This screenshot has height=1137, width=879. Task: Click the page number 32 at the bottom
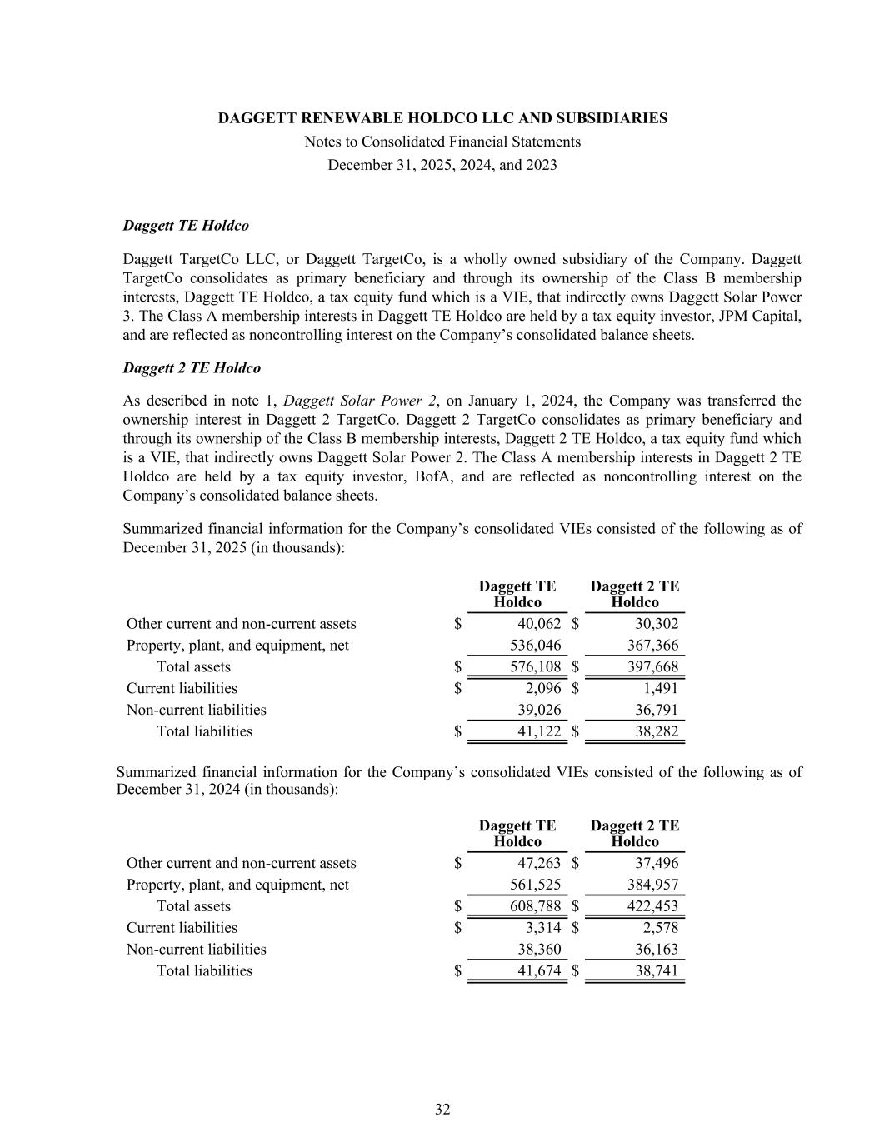(x=442, y=1109)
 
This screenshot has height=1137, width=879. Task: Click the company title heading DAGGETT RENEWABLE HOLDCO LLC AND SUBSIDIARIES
(x=442, y=118)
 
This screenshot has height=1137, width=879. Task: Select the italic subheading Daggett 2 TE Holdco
(x=192, y=367)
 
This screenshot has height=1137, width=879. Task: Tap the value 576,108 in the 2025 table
(x=535, y=666)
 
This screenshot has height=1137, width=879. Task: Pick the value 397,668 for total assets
(x=652, y=666)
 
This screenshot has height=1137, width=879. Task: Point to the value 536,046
(x=535, y=645)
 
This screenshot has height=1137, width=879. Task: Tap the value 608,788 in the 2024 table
(x=535, y=905)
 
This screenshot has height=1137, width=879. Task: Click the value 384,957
(x=652, y=884)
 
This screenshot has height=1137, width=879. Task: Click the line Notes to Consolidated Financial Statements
(x=442, y=142)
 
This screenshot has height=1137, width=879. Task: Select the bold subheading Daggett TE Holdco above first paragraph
(x=186, y=226)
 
